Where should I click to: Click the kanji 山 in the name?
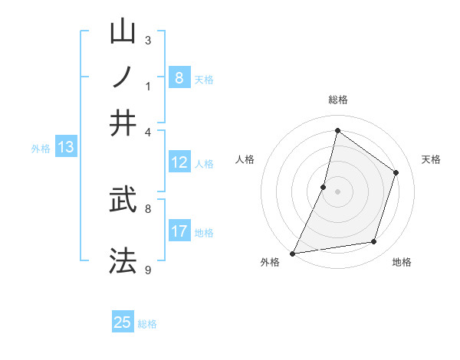pos(123,32)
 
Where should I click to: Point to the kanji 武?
pos(123,200)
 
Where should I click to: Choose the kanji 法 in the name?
pos(123,260)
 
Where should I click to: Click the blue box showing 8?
pos(179,77)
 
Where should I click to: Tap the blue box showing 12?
pos(179,162)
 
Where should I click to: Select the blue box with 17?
pos(179,231)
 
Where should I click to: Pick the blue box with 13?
pos(65,147)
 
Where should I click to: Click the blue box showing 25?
pos(123,322)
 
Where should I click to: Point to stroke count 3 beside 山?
pos(148,40)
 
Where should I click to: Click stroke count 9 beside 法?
pos(148,269)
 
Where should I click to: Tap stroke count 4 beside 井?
pos(148,131)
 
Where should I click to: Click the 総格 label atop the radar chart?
pos(337,100)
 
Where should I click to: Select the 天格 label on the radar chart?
pos(431,159)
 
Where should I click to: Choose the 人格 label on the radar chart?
pos(245,159)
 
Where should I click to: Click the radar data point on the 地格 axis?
pos(374,242)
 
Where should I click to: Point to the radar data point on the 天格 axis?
pos(396,172)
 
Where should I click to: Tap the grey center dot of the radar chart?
pos(337,191)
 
